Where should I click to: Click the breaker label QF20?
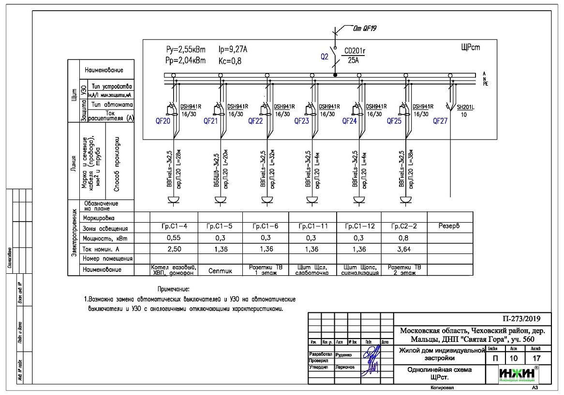(163, 122)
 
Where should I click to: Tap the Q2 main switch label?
(325, 57)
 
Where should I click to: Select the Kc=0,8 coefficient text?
(230, 61)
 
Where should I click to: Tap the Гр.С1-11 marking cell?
(312, 226)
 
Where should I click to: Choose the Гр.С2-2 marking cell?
(404, 226)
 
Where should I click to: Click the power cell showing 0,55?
(173, 238)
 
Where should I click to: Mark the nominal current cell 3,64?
(404, 249)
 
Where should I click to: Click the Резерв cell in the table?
(450, 226)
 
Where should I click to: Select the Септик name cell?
(220, 271)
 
